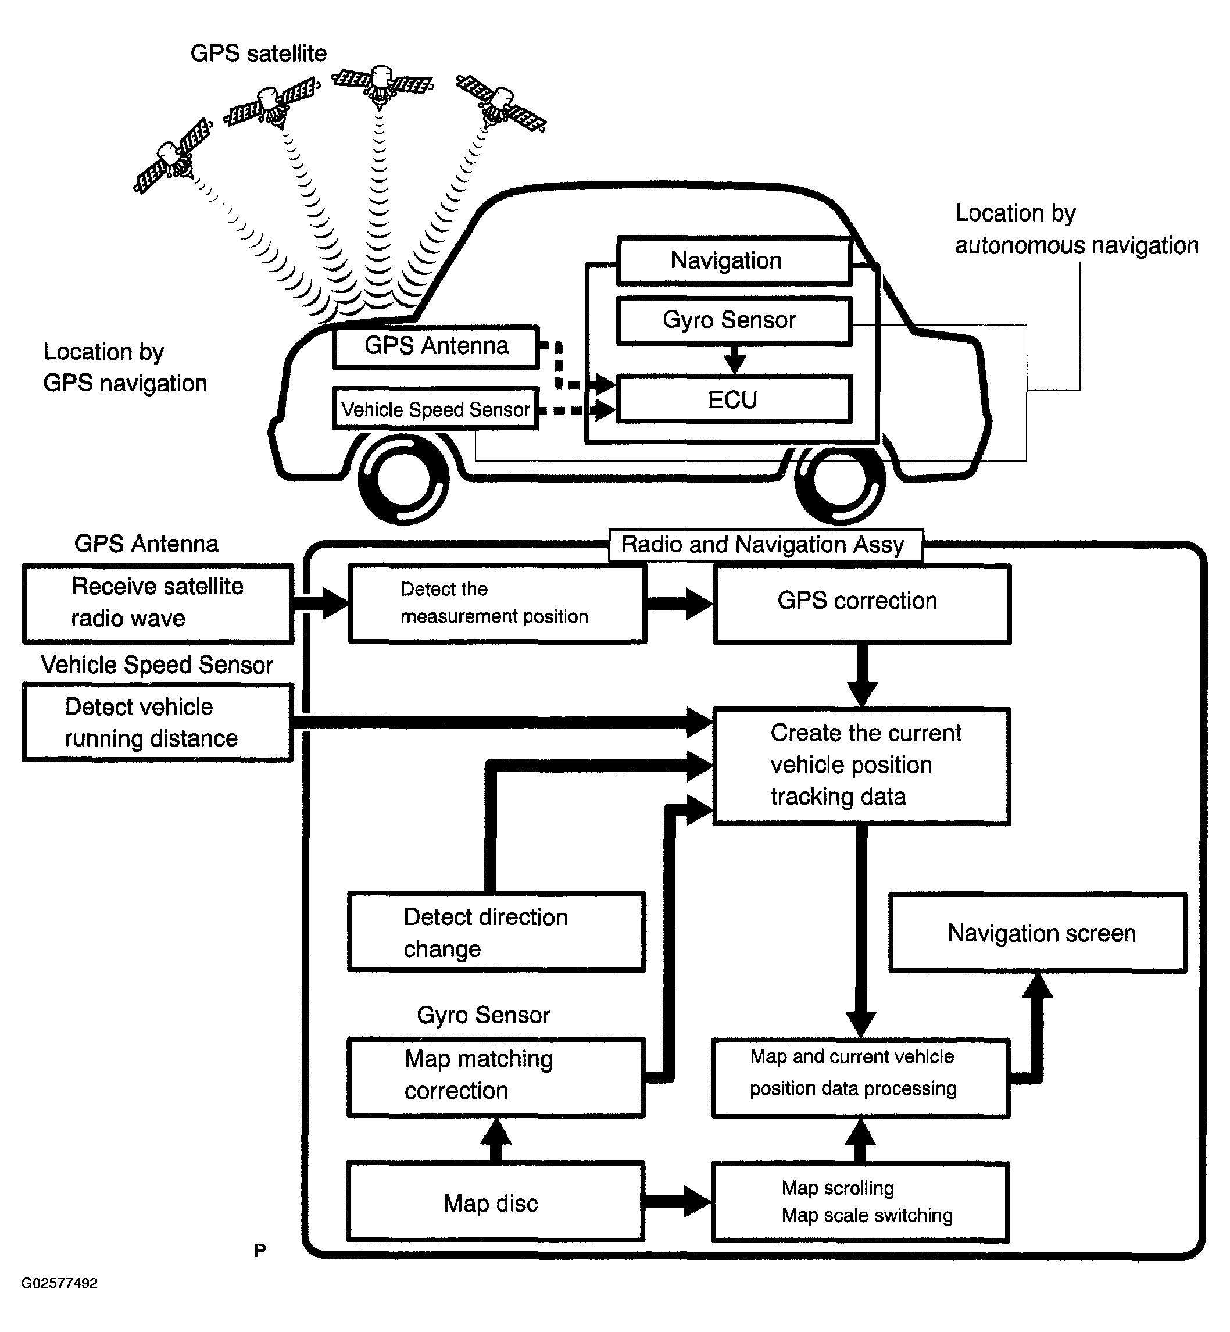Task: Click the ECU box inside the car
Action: point(734,399)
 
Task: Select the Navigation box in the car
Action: point(734,261)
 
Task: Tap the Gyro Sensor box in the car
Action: point(734,321)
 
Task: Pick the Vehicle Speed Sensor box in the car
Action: point(436,409)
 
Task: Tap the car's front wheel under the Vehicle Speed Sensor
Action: point(403,478)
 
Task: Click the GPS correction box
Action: point(862,602)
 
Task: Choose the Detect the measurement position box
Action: point(496,602)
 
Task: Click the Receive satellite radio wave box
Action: point(158,603)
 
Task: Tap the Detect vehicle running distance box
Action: point(158,723)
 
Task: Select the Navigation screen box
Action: point(1038,933)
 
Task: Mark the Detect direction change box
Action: point(496,932)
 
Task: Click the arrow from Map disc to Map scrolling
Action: point(678,1202)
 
